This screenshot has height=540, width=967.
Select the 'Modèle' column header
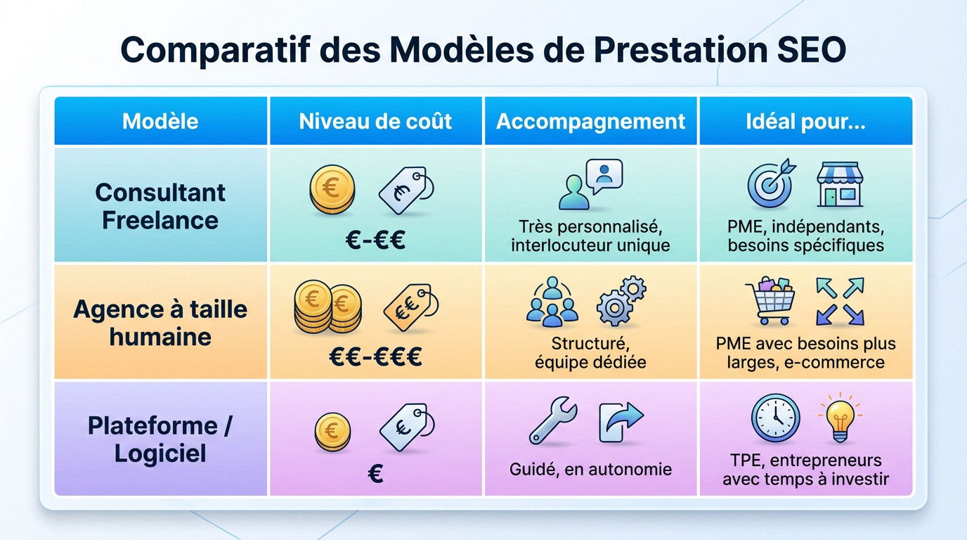[x=160, y=121]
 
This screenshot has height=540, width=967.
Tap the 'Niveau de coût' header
[x=375, y=121]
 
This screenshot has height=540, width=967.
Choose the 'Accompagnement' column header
[x=590, y=121]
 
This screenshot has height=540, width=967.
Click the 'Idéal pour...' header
[x=805, y=121]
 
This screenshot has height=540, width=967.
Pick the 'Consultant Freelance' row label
[x=160, y=206]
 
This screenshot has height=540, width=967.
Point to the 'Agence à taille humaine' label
[x=160, y=323]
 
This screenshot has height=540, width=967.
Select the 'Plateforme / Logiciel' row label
[x=160, y=439]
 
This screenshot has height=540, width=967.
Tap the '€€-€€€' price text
[x=375, y=357]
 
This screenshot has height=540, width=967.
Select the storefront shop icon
[x=839, y=184]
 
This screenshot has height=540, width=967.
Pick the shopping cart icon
[x=771, y=300]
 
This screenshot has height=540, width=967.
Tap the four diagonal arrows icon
[x=839, y=301]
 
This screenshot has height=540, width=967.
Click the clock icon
[x=775, y=418]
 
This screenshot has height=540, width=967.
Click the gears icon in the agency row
[x=621, y=300]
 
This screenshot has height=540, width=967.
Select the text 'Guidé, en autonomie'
[x=590, y=469]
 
